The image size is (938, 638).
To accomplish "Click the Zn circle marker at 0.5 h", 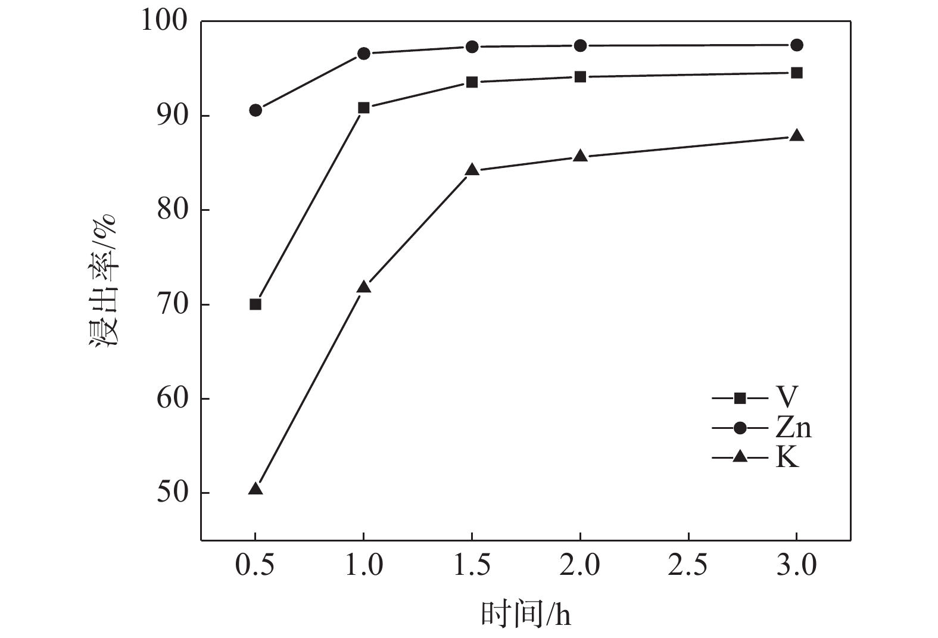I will pos(255,110).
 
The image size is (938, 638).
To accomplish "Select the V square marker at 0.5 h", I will pos(255,304).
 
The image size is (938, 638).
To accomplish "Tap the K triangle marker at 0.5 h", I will pos(255,489).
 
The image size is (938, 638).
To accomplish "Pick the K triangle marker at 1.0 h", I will pos(364,287).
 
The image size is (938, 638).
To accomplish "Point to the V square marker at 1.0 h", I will pos(364,108).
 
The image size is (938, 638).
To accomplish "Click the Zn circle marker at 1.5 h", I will pos(472,46).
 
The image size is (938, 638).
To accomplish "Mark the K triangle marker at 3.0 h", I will pos(797,136).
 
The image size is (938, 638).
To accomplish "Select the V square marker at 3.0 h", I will pos(797,73).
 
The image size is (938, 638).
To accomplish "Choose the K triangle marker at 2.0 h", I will pos(581,156).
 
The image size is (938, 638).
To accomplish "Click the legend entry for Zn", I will pos(762,428).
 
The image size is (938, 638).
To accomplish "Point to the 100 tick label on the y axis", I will pos(164,21).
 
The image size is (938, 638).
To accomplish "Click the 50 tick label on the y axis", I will pos(172,493).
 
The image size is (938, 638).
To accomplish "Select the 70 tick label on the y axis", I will pos(172,304).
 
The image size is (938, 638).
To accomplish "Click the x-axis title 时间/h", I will pos(526,614).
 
